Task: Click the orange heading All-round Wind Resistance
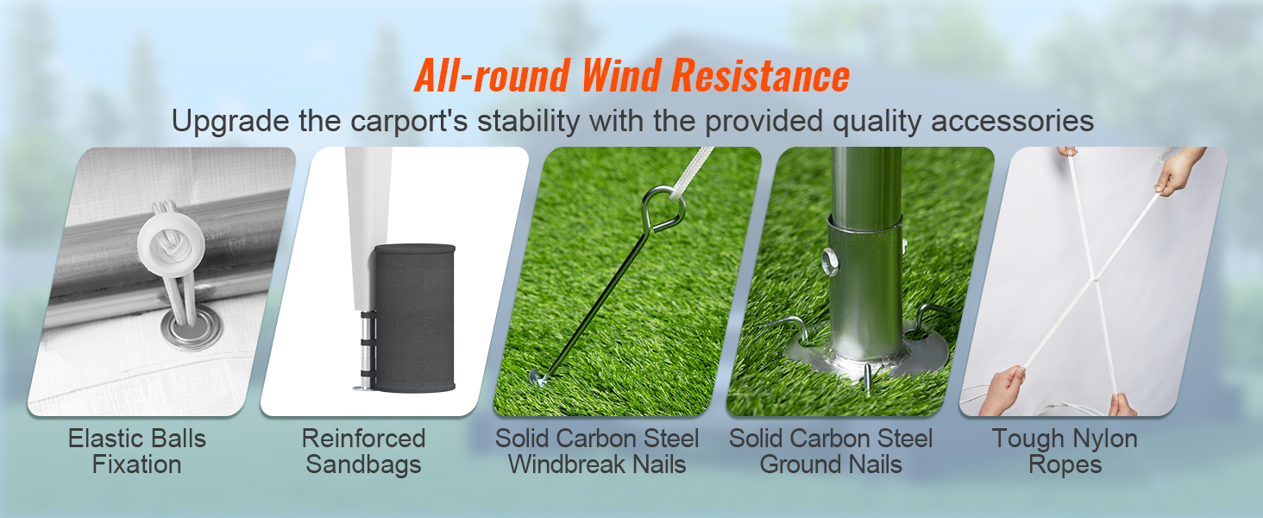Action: coord(631,76)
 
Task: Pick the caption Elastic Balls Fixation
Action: coord(137,452)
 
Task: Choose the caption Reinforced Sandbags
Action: coord(363,452)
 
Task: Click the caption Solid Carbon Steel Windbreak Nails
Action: coord(597,452)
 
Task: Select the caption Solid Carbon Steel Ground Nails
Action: coord(831,452)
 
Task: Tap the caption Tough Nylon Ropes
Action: coord(1065,452)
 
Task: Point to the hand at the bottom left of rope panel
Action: coord(1002,388)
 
